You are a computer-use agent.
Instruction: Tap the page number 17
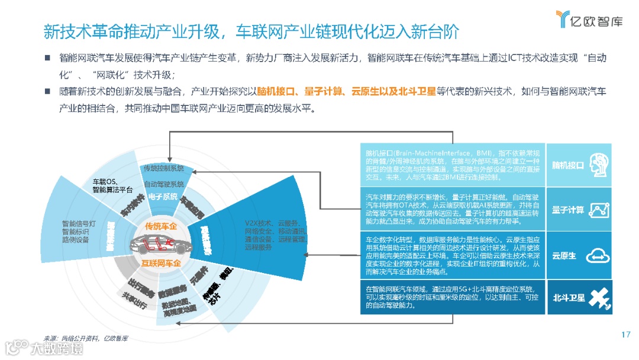(x=626, y=335)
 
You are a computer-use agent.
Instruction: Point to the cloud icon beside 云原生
(x=595, y=256)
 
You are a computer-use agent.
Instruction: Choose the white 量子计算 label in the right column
(x=567, y=210)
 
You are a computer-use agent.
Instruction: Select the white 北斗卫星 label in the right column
(x=569, y=298)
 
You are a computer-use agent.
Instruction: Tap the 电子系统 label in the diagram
(x=163, y=197)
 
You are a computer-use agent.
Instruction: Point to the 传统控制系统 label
(x=163, y=169)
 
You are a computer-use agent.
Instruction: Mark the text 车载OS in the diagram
(x=106, y=181)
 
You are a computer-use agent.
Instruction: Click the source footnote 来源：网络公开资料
(x=86, y=338)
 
